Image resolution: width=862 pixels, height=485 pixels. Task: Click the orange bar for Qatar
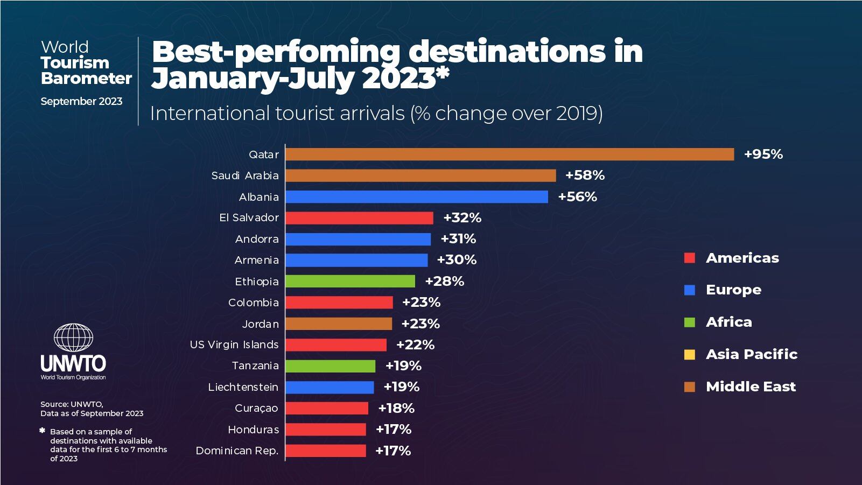509,154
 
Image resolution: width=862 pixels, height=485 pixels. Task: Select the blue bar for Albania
417,197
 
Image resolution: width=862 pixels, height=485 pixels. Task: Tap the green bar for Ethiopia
350,281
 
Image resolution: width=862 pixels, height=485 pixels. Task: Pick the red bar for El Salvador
359,218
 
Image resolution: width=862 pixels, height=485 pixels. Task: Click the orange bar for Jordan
339,324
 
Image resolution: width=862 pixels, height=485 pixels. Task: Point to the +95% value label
763,154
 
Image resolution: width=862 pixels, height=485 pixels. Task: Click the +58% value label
585,175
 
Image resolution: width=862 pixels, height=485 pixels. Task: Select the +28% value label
444,281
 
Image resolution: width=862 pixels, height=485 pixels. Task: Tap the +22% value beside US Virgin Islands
415,345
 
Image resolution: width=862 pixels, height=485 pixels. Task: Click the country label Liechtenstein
243,387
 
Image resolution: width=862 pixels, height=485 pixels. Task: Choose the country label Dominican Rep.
237,451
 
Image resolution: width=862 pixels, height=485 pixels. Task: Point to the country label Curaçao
256,408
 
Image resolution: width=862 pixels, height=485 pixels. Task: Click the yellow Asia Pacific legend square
689,355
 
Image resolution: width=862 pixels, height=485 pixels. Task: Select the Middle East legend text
751,386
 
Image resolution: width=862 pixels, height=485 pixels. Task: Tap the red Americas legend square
689,258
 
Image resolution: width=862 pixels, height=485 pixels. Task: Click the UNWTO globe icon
73,338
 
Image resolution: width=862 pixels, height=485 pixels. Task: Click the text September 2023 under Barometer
81,101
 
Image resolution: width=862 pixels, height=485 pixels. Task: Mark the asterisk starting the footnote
42,431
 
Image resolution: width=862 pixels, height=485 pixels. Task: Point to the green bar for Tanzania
330,366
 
